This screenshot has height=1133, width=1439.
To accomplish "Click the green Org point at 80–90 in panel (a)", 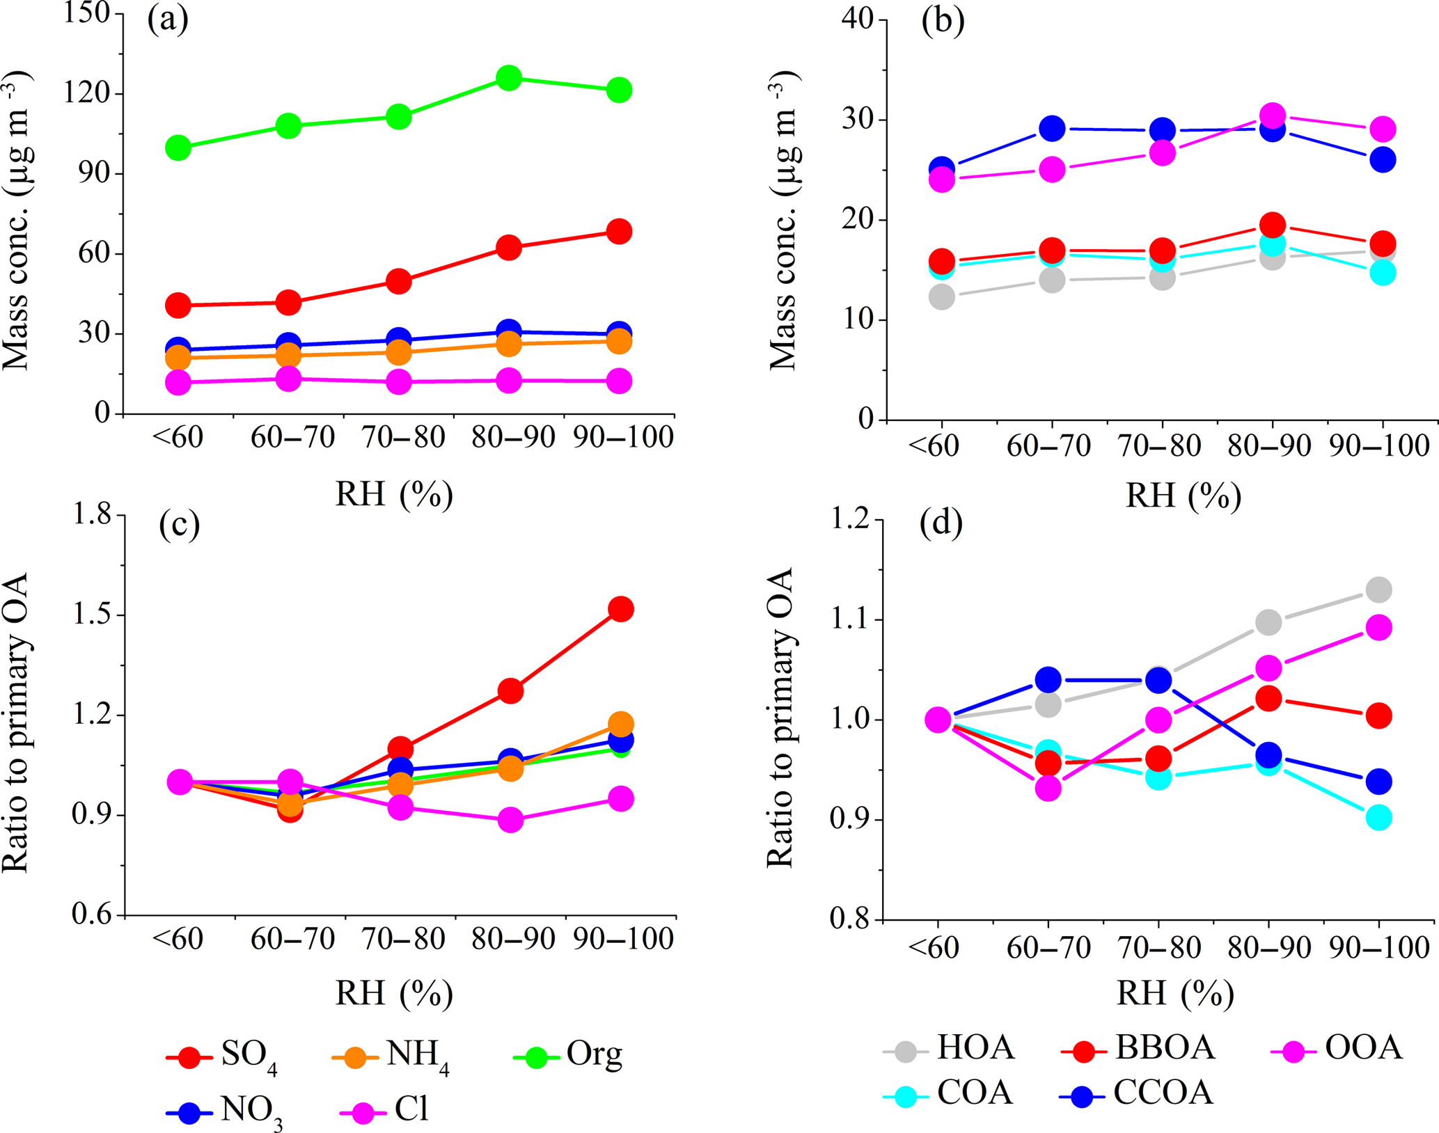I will click(x=509, y=78).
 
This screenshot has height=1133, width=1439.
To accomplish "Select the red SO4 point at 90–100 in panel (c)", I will click(x=620, y=610).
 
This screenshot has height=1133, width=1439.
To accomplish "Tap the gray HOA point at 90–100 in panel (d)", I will click(x=1378, y=590).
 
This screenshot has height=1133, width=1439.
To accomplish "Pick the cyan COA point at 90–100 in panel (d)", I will click(x=1378, y=818).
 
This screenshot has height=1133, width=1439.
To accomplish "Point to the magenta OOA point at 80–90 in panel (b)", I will click(x=1273, y=116).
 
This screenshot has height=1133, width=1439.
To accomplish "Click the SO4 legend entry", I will click(x=223, y=1056).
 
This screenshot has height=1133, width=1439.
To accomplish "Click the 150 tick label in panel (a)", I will click(x=87, y=13).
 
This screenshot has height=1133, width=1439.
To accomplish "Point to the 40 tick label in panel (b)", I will click(x=858, y=19).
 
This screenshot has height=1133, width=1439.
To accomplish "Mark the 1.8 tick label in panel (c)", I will click(x=93, y=515).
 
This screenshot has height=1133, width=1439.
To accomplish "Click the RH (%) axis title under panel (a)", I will click(x=394, y=494).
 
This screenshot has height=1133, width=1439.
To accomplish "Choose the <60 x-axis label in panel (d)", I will click(x=934, y=948).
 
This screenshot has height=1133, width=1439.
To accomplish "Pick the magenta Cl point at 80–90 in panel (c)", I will click(x=510, y=820).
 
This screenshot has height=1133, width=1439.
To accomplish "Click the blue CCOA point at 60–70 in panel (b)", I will click(x=1052, y=129).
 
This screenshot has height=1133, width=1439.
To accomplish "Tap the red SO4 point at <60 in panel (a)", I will click(x=178, y=305).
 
